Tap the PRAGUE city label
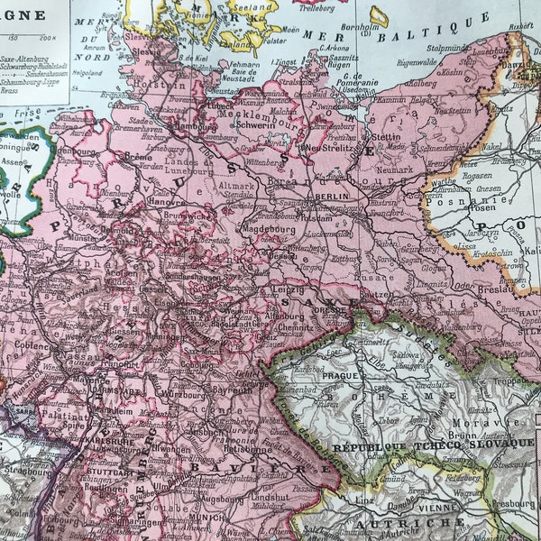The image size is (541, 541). [331, 376]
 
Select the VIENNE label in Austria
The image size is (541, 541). [439, 508]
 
